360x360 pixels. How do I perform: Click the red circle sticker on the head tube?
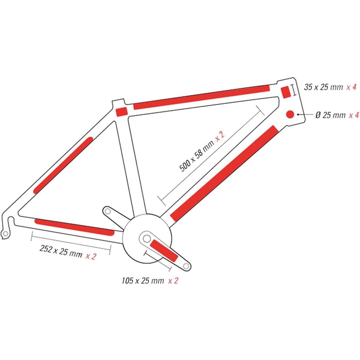[x=290, y=114]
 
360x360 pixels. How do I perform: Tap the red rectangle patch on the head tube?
[x=286, y=92]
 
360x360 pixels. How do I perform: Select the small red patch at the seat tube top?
[x=122, y=112]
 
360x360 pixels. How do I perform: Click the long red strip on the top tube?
[x=201, y=97]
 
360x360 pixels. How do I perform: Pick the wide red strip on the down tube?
[x=224, y=173]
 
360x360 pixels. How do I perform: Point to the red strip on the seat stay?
[x=63, y=165]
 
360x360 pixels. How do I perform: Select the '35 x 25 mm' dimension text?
[x=323, y=87]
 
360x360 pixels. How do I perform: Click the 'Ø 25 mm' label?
[x=330, y=115]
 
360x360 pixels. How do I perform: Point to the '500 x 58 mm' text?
[x=196, y=155]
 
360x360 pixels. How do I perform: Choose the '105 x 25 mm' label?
[x=143, y=281]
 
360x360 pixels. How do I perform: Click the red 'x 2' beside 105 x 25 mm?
[x=173, y=281]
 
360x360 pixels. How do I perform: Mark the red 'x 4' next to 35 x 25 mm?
[x=351, y=87]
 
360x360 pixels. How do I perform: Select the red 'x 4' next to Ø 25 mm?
[x=354, y=115]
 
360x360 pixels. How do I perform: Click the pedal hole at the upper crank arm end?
[x=107, y=211]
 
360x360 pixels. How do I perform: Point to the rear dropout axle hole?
[x=6, y=234]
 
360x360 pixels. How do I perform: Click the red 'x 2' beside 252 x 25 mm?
[x=91, y=256]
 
